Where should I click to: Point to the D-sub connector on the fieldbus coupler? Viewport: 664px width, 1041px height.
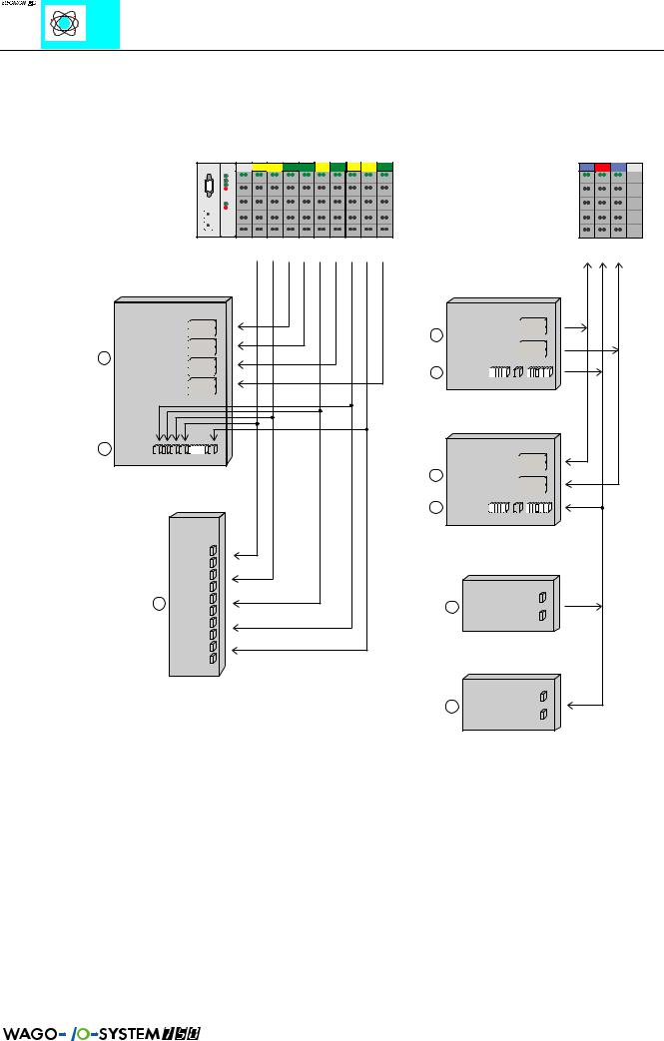[x=210, y=190]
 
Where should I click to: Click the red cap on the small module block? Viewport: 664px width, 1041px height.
[x=602, y=165]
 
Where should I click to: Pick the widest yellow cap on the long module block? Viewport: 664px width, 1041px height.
[x=268, y=165]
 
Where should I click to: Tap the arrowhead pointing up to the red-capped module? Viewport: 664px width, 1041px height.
[x=602, y=266]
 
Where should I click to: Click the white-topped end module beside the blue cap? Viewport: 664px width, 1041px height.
[x=635, y=165]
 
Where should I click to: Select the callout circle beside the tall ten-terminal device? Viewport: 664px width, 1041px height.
[x=157, y=604]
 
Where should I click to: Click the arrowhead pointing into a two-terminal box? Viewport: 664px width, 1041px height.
[x=567, y=705]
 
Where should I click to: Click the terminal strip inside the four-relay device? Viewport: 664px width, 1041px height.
[x=185, y=449]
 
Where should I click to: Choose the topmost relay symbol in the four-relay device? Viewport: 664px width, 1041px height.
[x=202, y=327]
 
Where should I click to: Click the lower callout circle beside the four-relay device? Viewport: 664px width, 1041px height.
[x=104, y=449]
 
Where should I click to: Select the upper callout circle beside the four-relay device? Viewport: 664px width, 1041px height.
[x=104, y=357]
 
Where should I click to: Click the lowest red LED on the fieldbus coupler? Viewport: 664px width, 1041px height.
[x=228, y=209]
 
